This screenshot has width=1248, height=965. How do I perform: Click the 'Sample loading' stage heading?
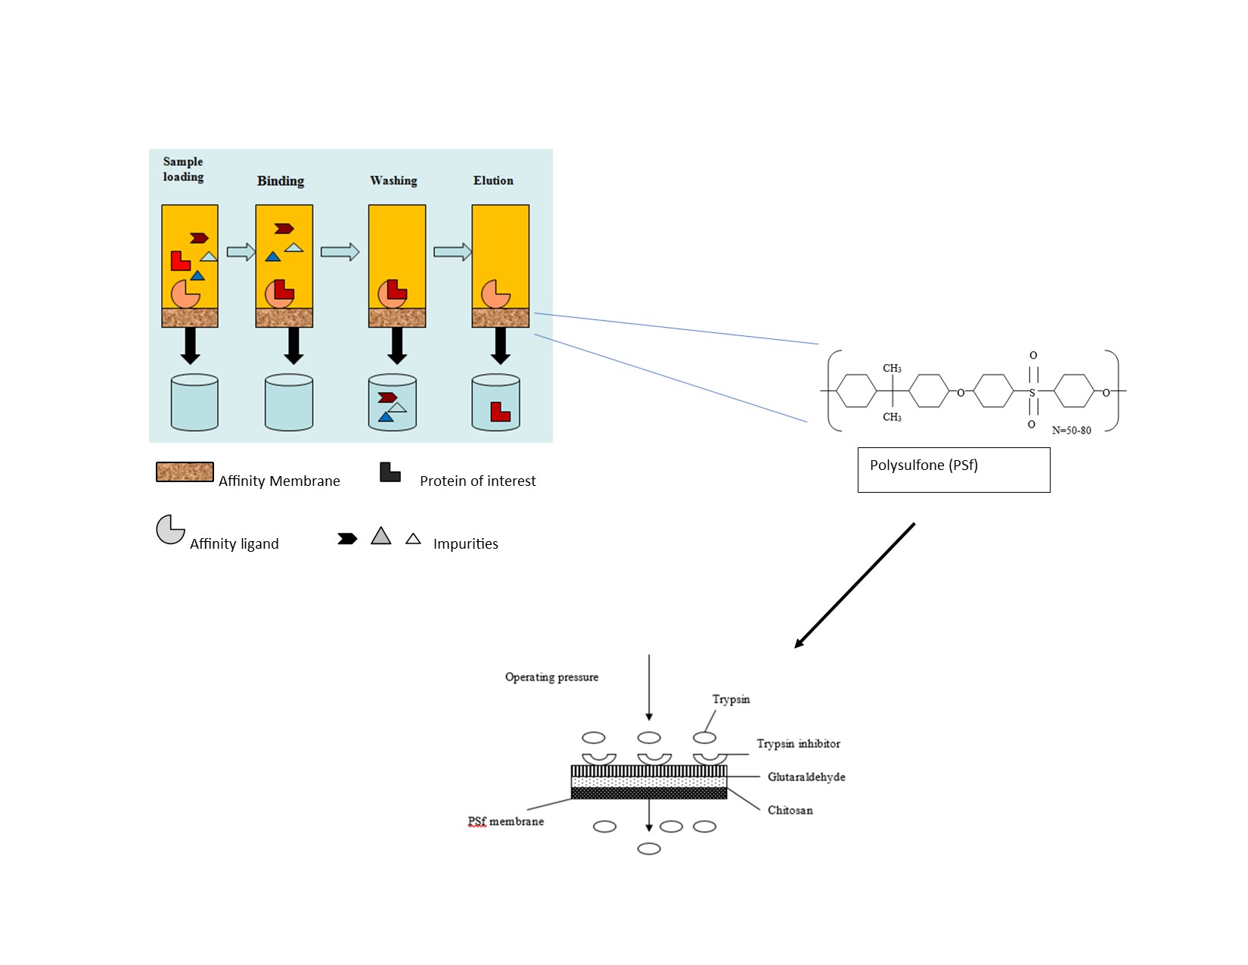[x=183, y=170]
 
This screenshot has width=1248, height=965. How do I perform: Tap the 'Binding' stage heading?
[x=281, y=181]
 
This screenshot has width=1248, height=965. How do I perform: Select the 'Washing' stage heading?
[x=393, y=181]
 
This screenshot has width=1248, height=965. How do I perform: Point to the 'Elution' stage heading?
[x=493, y=181]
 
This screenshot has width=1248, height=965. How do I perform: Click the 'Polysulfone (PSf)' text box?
[x=953, y=469]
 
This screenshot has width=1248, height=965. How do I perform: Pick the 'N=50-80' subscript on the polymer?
[x=1071, y=431]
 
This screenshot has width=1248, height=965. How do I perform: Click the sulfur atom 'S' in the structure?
[x=1032, y=393]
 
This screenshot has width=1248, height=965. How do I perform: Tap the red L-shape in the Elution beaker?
[x=500, y=411]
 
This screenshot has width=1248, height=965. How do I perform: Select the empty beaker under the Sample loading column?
[x=194, y=403]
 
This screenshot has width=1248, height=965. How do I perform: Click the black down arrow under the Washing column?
[x=397, y=346]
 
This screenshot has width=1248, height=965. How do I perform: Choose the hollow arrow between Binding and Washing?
[x=340, y=252]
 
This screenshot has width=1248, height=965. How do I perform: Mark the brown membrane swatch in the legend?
[x=185, y=472]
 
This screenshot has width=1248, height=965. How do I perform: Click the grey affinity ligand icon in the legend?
[x=170, y=530]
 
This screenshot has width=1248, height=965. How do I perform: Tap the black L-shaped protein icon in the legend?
[x=390, y=472]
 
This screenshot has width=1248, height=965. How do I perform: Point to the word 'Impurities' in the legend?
[x=465, y=544]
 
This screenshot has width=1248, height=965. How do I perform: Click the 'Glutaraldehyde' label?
[x=806, y=777]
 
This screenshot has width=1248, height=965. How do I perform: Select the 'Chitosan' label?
[x=790, y=811]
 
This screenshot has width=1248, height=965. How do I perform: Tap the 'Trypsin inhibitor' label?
[x=798, y=744]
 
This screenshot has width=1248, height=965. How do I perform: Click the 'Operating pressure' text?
[x=551, y=677]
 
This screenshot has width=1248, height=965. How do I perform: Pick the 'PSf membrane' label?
[x=505, y=822]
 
